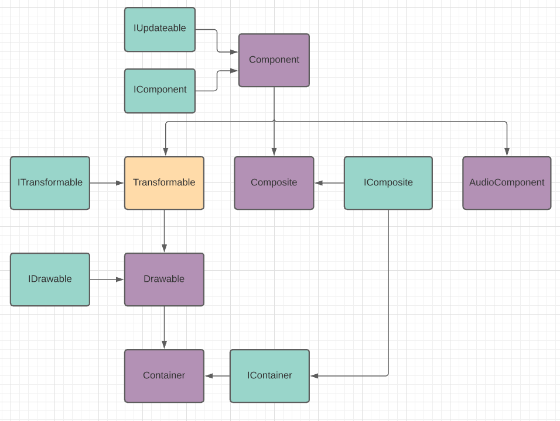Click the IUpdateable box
[x=159, y=29]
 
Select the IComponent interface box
[x=159, y=91]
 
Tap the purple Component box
[x=274, y=60]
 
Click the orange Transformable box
[x=164, y=183]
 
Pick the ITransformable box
[x=50, y=183]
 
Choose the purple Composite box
[x=274, y=183]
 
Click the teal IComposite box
[x=388, y=183]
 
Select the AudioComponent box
[x=506, y=183]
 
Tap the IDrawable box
[x=50, y=279]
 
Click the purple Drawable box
[x=164, y=279]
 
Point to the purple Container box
[x=164, y=376]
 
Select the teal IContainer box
[x=269, y=376]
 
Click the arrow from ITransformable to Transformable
[x=107, y=183]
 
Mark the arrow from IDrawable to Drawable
[x=107, y=279]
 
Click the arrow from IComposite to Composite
[x=329, y=183]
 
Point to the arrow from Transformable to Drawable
[x=164, y=231]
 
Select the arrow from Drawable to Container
[x=164, y=327]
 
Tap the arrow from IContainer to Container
[x=217, y=376]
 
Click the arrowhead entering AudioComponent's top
[x=507, y=152]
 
